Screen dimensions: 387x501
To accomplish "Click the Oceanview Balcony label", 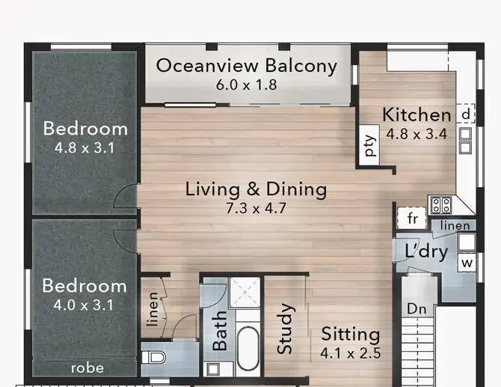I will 246,66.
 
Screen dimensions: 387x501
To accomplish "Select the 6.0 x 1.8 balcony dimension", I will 246,85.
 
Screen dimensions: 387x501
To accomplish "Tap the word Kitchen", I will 417,115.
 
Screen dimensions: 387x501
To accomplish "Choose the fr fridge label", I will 411,219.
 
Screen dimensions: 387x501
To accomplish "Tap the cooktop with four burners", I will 439,205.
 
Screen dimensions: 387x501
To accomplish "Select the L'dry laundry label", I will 426,251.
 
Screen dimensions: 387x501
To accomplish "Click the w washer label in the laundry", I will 467,263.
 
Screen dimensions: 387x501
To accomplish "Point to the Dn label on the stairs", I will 417,308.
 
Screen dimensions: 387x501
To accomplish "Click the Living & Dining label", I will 256,189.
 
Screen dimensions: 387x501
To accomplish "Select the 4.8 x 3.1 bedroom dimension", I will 84,147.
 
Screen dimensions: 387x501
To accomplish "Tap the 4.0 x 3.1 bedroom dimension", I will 84,305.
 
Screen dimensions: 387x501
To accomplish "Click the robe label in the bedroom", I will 87,368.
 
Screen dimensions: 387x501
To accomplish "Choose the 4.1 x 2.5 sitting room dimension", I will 351,353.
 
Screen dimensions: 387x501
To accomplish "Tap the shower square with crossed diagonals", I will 243,293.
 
